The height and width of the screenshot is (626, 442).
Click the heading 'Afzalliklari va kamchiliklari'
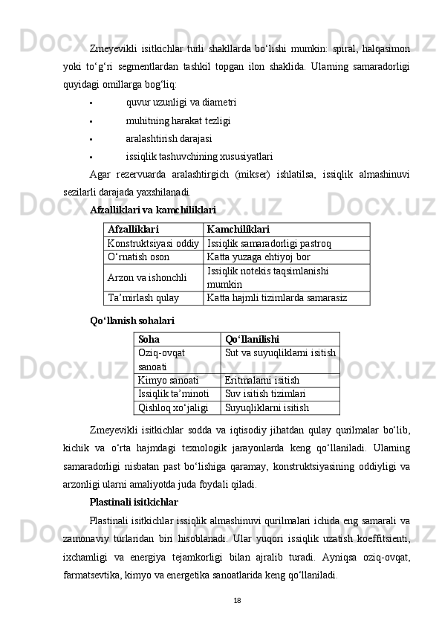152,210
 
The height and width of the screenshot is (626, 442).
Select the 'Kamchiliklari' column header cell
238,230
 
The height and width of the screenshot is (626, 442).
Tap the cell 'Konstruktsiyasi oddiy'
153,243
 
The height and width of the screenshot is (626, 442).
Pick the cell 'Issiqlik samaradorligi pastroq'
269,243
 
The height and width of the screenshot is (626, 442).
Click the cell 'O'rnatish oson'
139,256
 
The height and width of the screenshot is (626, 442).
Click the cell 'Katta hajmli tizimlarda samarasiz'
277,298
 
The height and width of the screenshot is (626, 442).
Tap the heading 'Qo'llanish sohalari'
132,321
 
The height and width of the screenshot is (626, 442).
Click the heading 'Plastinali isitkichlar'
134,502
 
